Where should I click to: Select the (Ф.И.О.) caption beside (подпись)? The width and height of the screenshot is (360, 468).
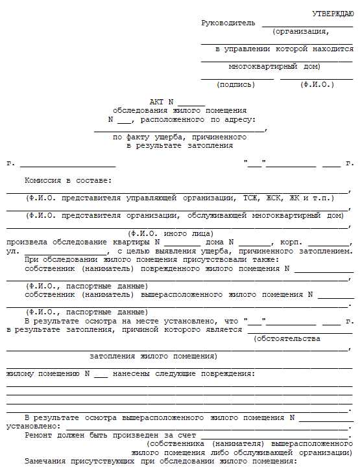317,84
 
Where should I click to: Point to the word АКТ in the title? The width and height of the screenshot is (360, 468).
157,102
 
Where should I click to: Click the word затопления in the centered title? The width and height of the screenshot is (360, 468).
210,146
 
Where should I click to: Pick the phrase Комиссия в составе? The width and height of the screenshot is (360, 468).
68,180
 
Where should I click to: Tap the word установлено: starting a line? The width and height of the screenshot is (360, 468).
31,427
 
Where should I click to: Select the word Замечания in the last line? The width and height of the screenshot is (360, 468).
45,462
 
